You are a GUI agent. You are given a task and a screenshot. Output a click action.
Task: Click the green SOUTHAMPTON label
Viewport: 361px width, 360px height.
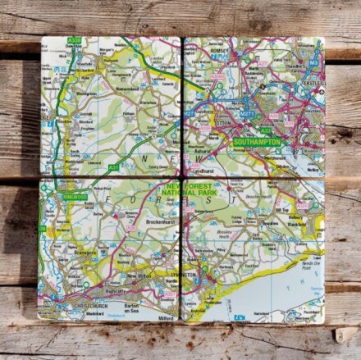pos(256,142)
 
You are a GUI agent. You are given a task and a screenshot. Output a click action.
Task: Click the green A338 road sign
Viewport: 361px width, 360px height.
pos(75,40)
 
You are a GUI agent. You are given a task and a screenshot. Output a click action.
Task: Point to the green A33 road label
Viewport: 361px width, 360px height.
pos(265,130)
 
